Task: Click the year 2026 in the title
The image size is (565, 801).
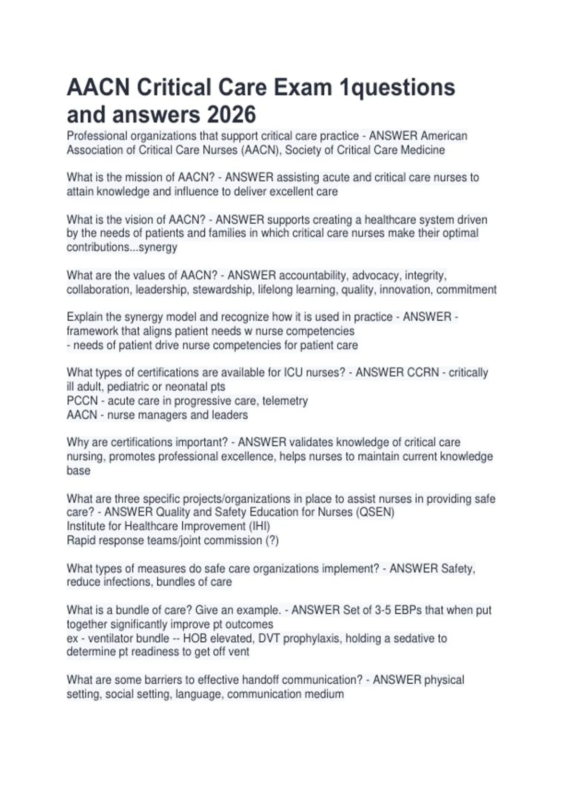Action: tap(231, 114)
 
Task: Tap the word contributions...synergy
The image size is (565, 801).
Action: tap(121, 247)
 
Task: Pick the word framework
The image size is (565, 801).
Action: tap(92, 331)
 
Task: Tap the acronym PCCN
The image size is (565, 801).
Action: tap(82, 401)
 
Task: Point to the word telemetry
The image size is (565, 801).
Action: tap(285, 401)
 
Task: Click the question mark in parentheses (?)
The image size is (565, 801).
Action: tap(272, 540)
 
